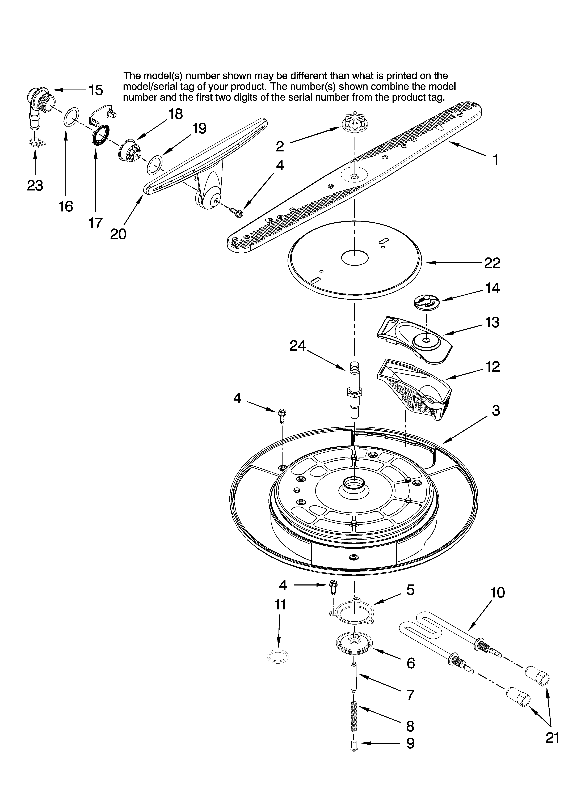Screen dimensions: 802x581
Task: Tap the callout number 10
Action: pos(498,592)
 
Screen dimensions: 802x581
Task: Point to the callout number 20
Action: pos(118,234)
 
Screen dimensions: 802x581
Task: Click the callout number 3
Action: pos(496,410)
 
